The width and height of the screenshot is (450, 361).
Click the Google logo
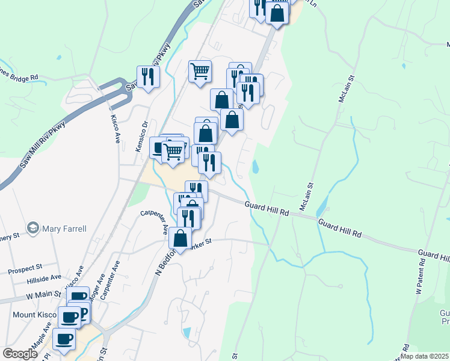20,354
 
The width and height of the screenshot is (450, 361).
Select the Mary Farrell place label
64,229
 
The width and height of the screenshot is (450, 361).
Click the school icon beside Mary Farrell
32,228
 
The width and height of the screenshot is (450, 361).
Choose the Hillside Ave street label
44,279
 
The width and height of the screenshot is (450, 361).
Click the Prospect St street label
25,265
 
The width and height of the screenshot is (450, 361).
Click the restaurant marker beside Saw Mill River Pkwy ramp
147,76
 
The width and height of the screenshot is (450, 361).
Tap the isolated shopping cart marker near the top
200,71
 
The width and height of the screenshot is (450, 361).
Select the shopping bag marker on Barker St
180,238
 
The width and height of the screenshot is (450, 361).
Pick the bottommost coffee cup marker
64,338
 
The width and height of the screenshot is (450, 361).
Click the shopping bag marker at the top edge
277,12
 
